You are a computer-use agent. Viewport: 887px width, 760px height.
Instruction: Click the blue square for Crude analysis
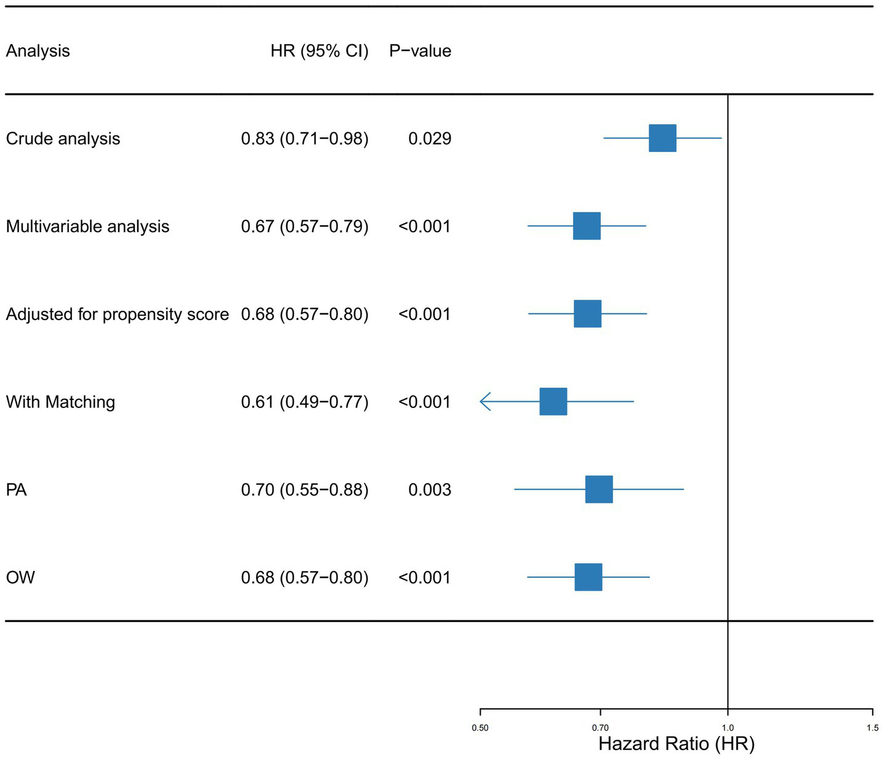click(662, 138)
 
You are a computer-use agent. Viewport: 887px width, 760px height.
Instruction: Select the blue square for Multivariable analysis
click(587, 226)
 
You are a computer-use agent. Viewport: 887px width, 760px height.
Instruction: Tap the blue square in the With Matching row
click(553, 401)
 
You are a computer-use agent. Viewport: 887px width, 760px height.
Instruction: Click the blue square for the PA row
click(598, 489)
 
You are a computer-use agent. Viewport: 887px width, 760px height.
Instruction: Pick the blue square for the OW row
click(588, 577)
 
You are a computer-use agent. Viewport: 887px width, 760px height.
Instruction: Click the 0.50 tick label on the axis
click(480, 728)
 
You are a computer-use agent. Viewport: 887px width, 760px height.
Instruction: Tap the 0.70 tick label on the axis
click(600, 728)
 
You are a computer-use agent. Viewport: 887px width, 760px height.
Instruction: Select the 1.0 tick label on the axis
click(728, 728)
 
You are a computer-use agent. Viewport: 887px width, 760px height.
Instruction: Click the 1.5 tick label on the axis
click(872, 728)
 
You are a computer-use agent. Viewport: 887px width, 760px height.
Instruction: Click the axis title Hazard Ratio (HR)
click(676, 744)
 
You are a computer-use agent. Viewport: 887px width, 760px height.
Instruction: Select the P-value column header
click(420, 51)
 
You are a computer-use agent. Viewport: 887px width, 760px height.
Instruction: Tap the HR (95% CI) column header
click(319, 51)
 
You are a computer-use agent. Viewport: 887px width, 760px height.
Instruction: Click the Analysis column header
click(38, 51)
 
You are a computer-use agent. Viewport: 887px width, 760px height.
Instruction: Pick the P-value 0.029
click(430, 138)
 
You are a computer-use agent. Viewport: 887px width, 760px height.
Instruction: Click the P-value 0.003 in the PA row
click(430, 490)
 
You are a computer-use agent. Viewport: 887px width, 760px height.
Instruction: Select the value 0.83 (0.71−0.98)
click(305, 138)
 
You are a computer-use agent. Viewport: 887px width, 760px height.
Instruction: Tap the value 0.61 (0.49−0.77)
click(305, 402)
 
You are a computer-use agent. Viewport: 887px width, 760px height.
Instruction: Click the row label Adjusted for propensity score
click(117, 314)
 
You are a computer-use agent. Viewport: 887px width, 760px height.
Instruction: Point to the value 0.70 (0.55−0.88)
click(305, 490)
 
